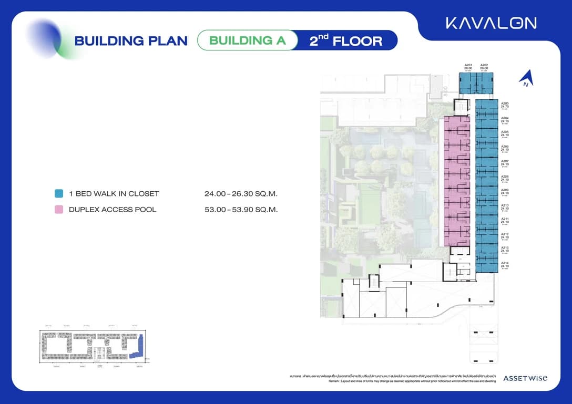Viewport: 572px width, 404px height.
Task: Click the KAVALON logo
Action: point(491,23)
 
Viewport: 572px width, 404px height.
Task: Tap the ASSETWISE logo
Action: point(525,378)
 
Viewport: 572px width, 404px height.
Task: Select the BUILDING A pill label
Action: point(247,40)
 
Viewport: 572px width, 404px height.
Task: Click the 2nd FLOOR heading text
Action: point(345,40)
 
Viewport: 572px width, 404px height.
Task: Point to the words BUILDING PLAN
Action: point(131,41)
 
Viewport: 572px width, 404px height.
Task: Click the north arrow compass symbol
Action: point(526,79)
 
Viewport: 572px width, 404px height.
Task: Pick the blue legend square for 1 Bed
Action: point(59,193)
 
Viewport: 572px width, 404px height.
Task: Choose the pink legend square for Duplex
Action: point(59,209)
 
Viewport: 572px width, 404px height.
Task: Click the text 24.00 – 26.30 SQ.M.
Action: point(241,194)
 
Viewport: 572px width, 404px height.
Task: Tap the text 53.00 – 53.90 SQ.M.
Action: point(241,210)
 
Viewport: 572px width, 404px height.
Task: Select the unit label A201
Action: point(468,65)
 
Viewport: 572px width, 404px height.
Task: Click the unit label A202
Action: point(484,65)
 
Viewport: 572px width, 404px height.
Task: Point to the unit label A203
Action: point(505,103)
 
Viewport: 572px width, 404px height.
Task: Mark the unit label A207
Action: point(505,161)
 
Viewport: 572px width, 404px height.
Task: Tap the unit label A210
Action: point(505,205)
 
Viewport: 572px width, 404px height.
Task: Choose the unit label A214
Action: point(505,263)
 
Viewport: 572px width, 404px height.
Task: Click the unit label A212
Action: point(505,234)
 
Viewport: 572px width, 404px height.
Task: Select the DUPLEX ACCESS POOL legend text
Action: point(113,210)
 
